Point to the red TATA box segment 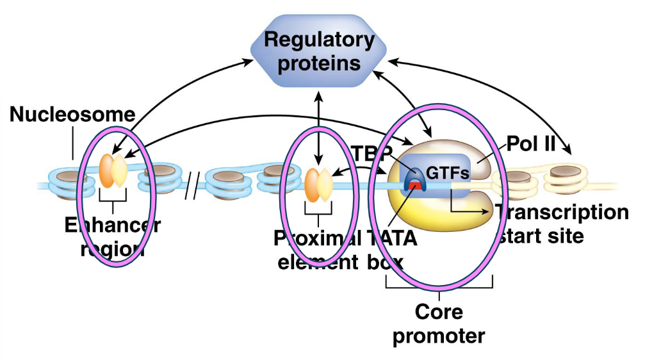[x=414, y=186]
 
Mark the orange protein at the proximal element [x=312, y=183]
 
